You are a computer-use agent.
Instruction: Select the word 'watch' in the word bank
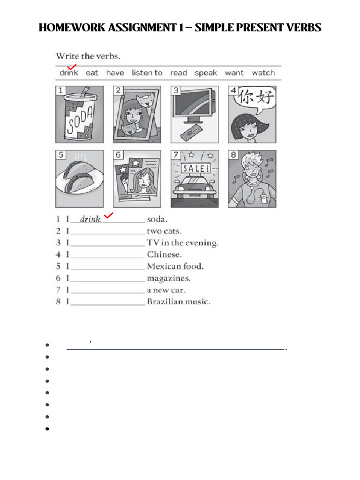click(x=263, y=73)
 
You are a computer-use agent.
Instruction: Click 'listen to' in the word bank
click(x=147, y=73)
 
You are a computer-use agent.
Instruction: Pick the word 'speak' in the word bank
click(x=206, y=73)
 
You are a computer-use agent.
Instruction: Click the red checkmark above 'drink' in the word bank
click(x=72, y=68)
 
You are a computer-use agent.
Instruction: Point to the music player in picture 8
click(x=265, y=199)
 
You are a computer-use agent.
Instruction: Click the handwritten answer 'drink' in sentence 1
click(x=90, y=219)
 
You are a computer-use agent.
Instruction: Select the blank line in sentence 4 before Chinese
click(x=107, y=256)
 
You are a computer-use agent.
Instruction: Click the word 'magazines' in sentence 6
click(x=169, y=278)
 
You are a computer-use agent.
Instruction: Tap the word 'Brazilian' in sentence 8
click(x=164, y=302)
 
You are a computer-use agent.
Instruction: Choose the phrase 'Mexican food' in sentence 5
click(x=175, y=267)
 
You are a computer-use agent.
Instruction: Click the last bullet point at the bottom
click(x=48, y=428)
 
